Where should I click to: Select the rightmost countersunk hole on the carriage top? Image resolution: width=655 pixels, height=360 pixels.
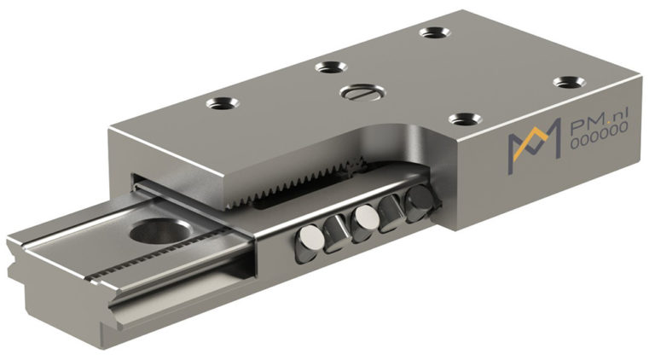tap(565, 82)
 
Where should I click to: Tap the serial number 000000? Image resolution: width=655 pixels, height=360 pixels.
tap(596, 146)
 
